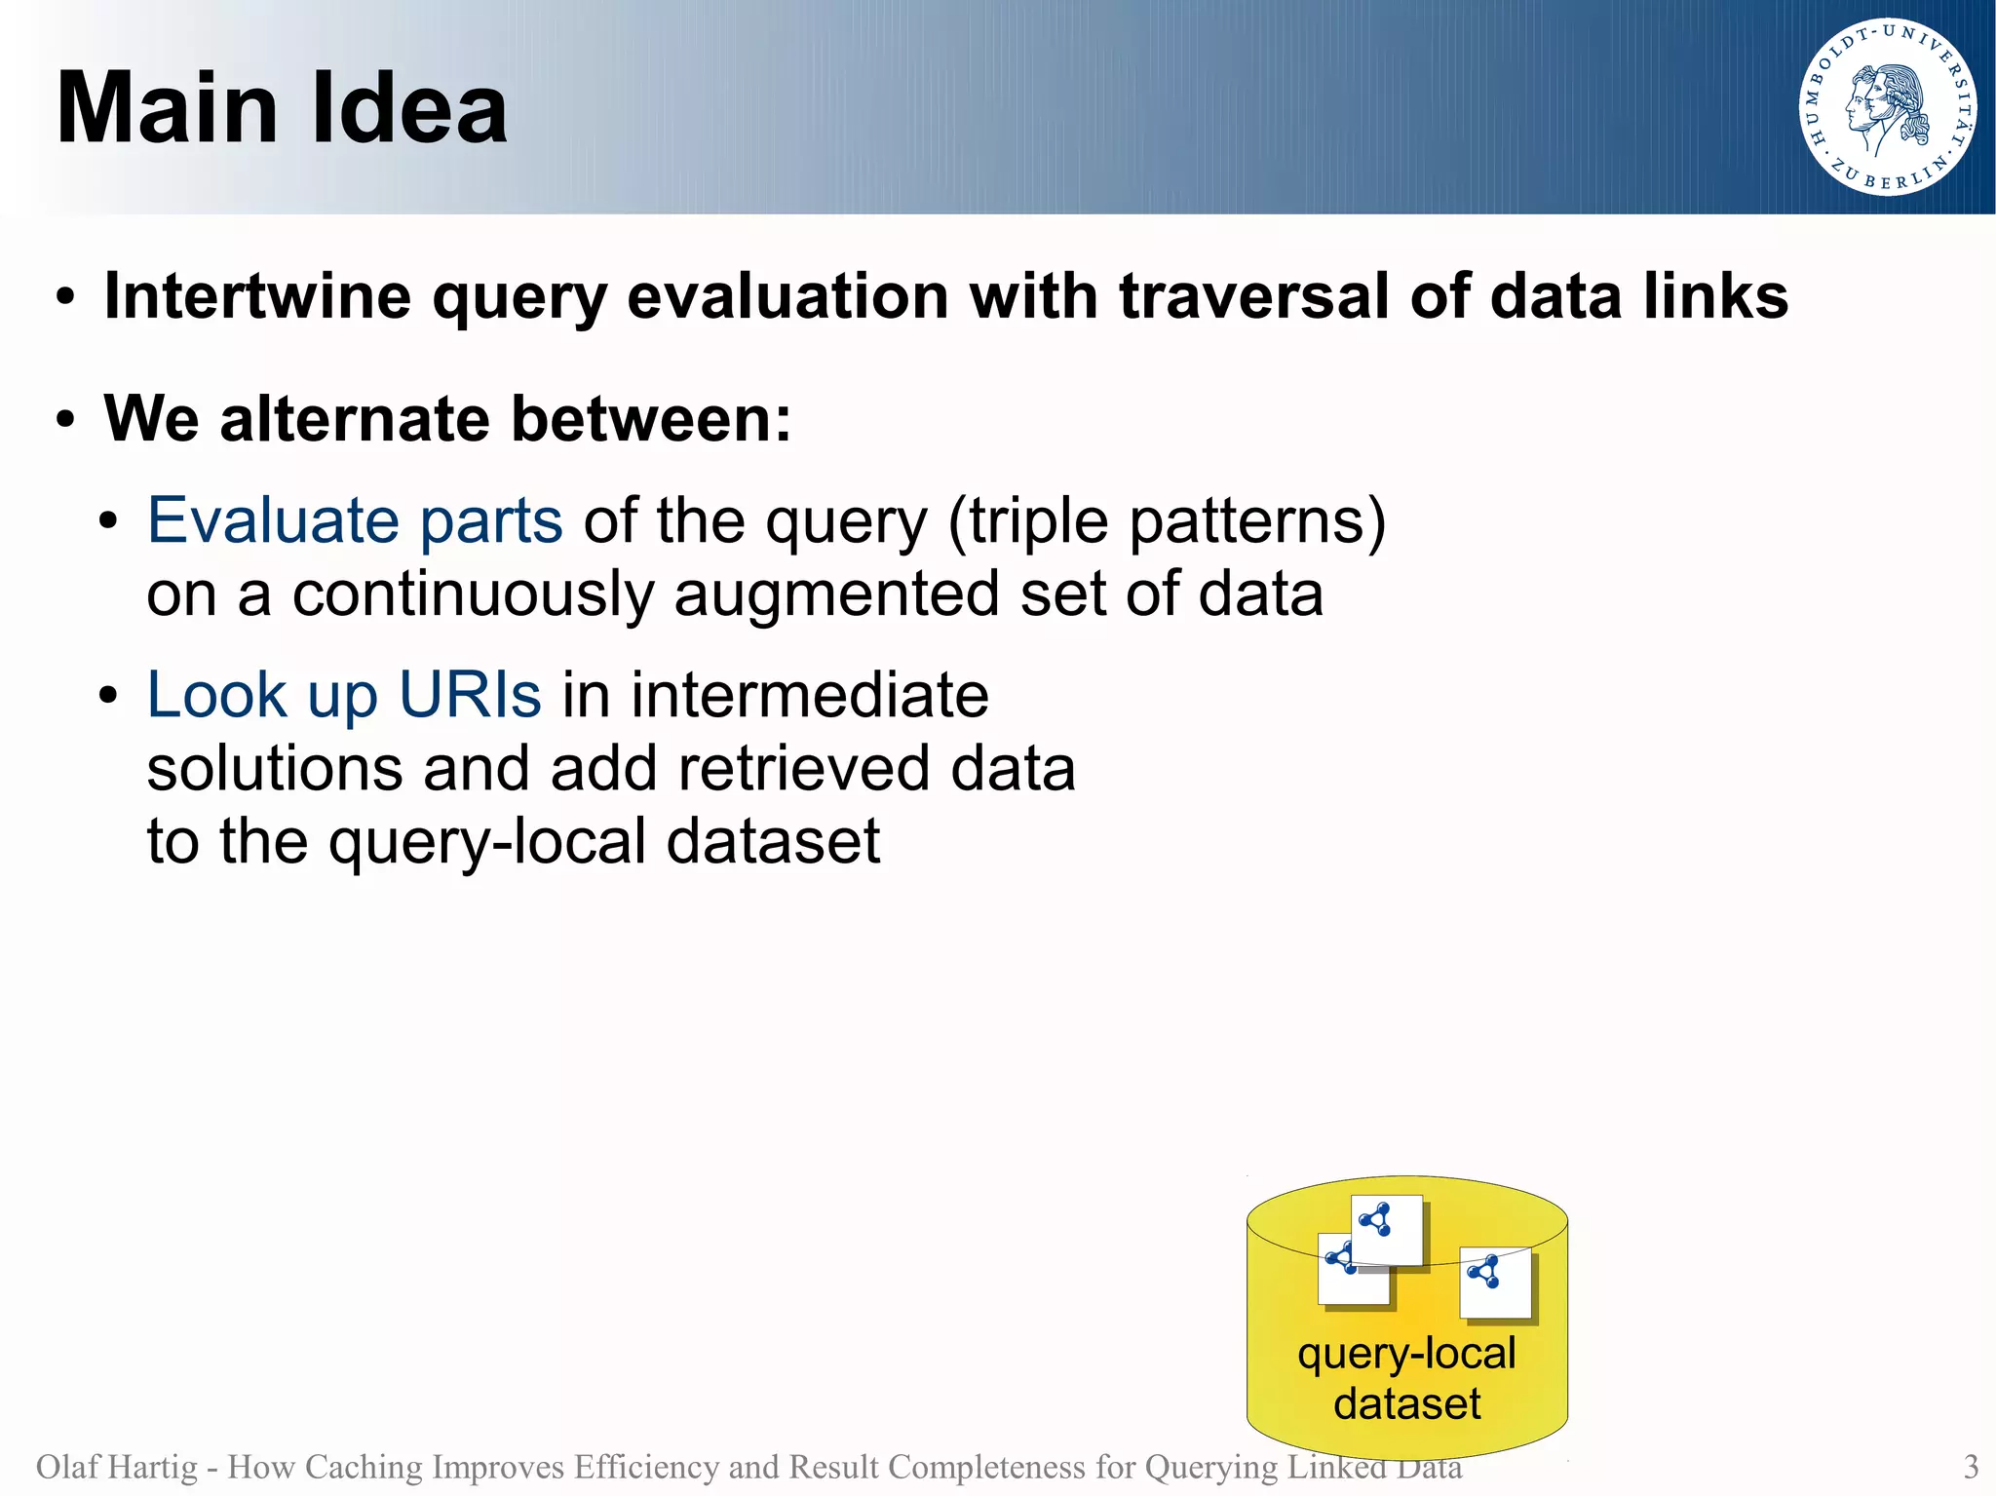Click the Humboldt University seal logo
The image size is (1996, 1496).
pyautogui.click(x=1887, y=107)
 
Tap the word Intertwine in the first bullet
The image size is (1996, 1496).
pyautogui.click(x=256, y=296)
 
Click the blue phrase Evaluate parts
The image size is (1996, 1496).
pyautogui.click(x=355, y=520)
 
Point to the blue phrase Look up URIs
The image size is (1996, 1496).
pyautogui.click(x=343, y=695)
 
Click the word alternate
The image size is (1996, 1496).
pyautogui.click(x=355, y=419)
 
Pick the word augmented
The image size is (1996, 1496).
pyautogui.click(x=835, y=594)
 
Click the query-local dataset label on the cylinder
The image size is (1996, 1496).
pyautogui.click(x=1406, y=1378)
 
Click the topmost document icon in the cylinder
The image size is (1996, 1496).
pyautogui.click(x=1387, y=1230)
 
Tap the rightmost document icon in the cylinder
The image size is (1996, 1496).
pyautogui.click(x=1495, y=1282)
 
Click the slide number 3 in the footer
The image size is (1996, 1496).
pyautogui.click(x=1970, y=1466)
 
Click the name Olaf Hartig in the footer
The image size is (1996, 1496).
pyautogui.click(x=116, y=1466)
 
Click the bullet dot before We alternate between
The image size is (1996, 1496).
pyautogui.click(x=65, y=421)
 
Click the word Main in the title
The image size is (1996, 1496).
pyautogui.click(x=167, y=108)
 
